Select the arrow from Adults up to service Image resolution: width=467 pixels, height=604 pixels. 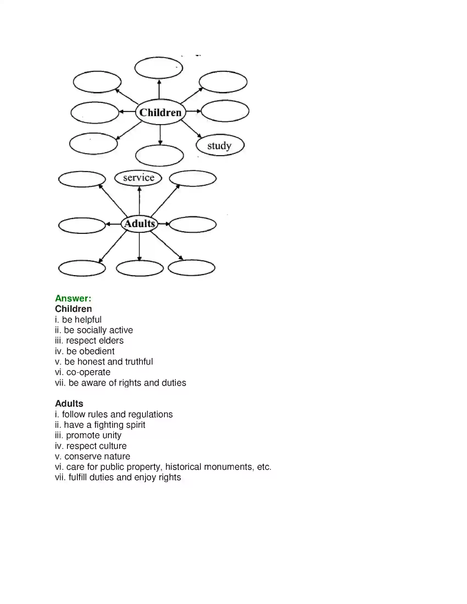tap(140, 201)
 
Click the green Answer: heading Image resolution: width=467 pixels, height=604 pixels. tap(73, 298)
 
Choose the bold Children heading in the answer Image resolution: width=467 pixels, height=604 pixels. tap(73, 309)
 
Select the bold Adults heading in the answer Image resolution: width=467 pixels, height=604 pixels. tap(69, 404)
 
